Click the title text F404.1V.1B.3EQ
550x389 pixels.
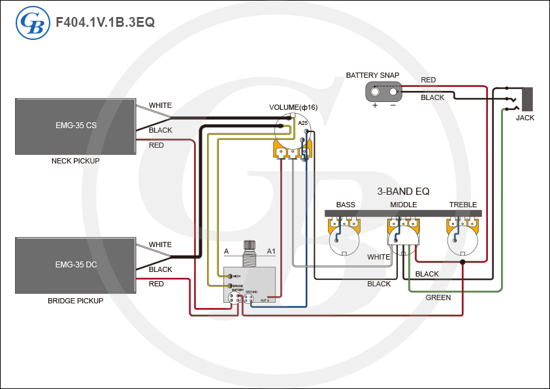point(105,22)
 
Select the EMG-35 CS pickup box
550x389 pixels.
point(76,126)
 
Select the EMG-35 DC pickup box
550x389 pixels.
point(76,265)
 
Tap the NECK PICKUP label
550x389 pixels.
point(76,161)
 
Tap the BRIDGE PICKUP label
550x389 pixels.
point(76,301)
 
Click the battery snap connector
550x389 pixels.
point(384,92)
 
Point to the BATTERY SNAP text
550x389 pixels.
point(372,76)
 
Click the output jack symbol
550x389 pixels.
point(526,99)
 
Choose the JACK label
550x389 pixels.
point(525,118)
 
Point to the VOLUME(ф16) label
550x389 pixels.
point(293,107)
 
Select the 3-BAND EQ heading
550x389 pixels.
point(403,192)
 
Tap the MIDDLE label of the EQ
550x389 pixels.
point(403,205)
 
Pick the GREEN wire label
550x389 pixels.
point(438,297)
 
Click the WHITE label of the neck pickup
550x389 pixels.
point(160,105)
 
